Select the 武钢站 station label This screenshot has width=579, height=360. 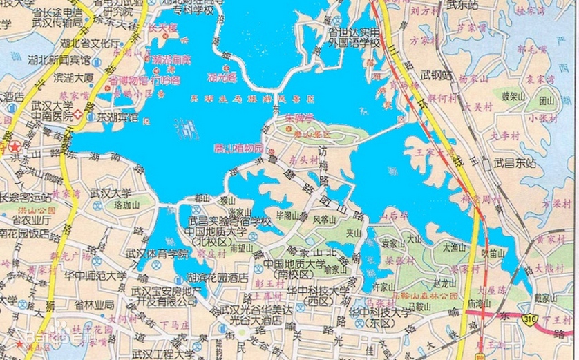point(437,75)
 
